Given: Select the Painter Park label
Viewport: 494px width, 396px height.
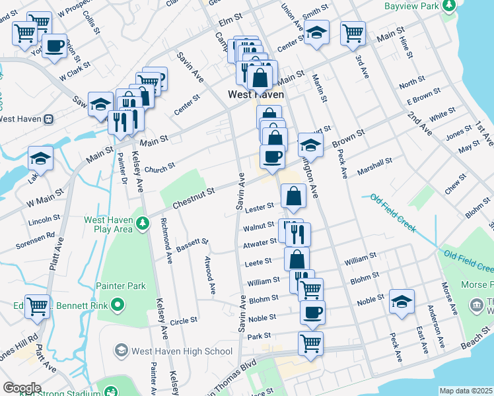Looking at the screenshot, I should [x=120, y=286].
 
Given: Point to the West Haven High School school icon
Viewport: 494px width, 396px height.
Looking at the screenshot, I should [x=120, y=349].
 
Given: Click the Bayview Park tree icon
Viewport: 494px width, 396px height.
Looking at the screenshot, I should [x=450, y=5].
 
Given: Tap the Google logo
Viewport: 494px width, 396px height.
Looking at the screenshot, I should [x=22, y=387].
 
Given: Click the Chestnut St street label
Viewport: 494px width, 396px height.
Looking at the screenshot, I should [x=194, y=197].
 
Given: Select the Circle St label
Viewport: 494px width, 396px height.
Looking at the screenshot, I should [x=184, y=321].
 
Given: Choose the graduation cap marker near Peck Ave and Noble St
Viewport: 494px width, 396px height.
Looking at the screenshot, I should [x=402, y=302].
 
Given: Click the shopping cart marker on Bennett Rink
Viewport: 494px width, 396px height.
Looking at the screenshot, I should [x=37, y=306].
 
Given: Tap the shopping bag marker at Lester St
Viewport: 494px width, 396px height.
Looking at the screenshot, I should [x=293, y=195].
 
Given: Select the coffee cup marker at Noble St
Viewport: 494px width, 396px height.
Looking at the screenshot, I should [x=312, y=313].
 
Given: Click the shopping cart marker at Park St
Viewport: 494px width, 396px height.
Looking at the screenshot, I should [x=310, y=343].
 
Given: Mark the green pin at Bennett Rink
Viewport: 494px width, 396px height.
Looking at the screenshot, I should [x=118, y=304].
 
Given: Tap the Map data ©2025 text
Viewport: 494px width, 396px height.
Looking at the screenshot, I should [x=466, y=391].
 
